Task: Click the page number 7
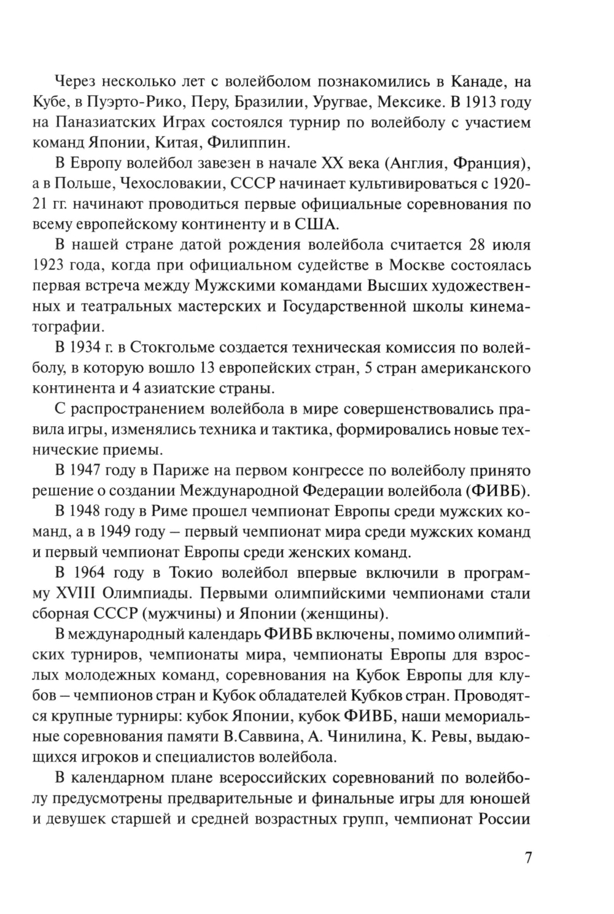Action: point(528,858)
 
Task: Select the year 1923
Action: point(75,267)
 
